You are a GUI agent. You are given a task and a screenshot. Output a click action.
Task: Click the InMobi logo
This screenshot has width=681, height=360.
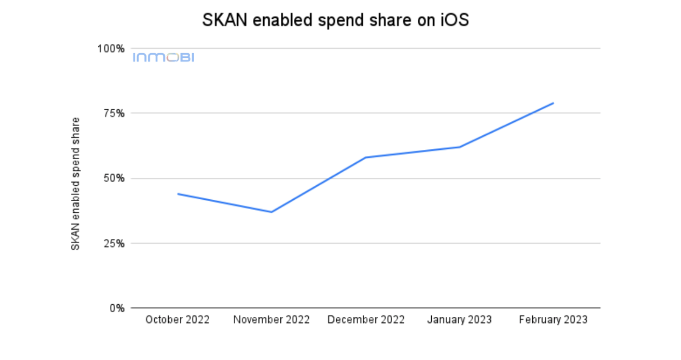[163, 57]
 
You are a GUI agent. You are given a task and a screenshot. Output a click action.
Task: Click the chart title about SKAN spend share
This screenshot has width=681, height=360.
[335, 20]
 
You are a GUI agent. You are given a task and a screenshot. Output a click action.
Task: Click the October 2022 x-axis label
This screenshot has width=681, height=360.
[177, 320]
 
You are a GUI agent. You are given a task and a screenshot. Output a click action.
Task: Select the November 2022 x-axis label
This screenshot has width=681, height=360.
[271, 320]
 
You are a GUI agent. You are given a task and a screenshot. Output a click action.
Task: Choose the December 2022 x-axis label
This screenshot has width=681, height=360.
[365, 320]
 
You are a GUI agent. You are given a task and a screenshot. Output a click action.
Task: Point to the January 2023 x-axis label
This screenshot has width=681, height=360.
[459, 320]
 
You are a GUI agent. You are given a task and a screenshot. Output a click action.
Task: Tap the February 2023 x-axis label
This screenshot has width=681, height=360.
[553, 320]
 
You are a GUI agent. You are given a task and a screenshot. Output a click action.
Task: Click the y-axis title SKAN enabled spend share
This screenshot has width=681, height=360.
[76, 183]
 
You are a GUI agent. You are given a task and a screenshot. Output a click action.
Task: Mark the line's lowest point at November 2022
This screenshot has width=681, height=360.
[271, 212]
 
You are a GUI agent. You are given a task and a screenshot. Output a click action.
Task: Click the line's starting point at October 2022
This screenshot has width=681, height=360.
[178, 193]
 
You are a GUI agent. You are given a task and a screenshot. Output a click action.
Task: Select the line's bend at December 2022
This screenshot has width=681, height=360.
[365, 157]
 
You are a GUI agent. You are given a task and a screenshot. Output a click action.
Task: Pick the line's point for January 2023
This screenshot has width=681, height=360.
[459, 147]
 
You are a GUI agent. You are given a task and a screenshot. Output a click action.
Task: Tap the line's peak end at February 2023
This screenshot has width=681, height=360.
[553, 103]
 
